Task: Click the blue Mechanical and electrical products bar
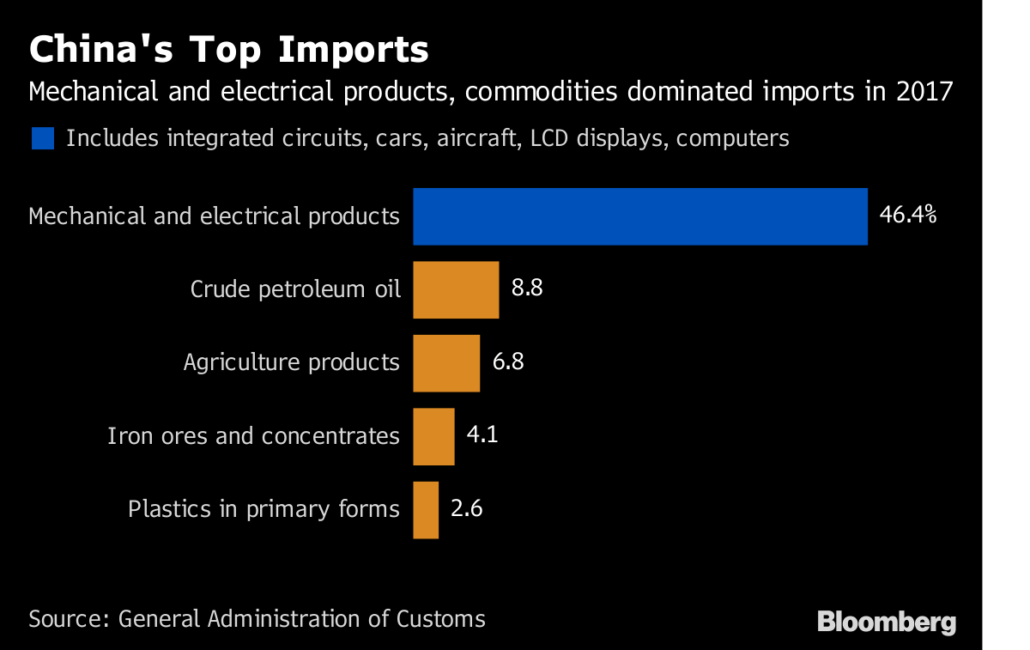639,216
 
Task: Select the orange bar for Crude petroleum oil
456,290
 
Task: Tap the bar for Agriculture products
446,363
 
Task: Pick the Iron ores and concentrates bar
433,436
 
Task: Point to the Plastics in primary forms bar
426,509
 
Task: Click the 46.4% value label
907,215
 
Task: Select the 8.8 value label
527,289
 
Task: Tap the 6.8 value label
508,361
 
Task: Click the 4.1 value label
482,434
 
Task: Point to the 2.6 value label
467,508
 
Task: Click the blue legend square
43,138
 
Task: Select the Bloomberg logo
887,622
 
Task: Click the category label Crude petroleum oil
295,289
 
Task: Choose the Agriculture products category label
291,362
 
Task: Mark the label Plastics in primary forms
264,509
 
